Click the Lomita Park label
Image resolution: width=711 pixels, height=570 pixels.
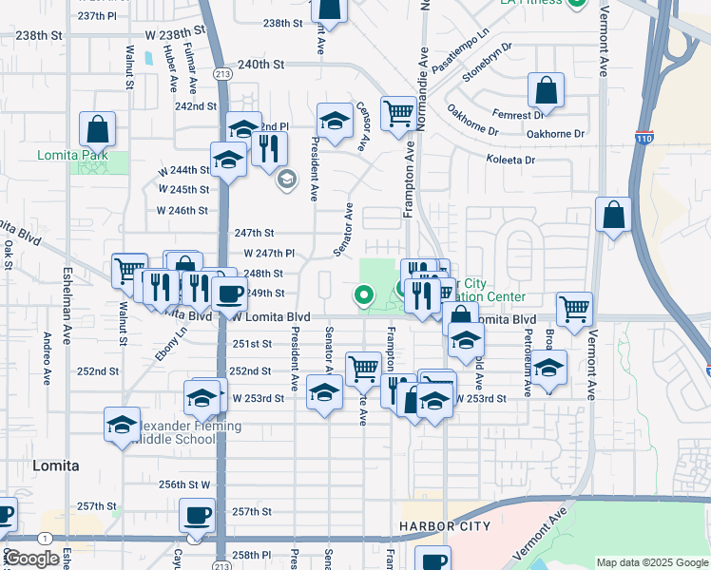tap(72, 155)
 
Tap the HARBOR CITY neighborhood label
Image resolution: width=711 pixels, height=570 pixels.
tap(445, 525)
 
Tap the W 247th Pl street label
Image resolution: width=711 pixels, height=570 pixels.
tap(269, 254)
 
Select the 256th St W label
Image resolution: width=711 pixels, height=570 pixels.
tap(184, 484)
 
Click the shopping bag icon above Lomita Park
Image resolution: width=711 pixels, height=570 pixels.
tap(97, 128)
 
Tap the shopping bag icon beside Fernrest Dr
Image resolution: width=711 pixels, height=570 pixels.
tap(547, 92)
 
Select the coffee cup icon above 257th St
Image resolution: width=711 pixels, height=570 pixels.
tap(197, 516)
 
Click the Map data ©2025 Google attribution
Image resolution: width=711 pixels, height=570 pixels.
tap(651, 562)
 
